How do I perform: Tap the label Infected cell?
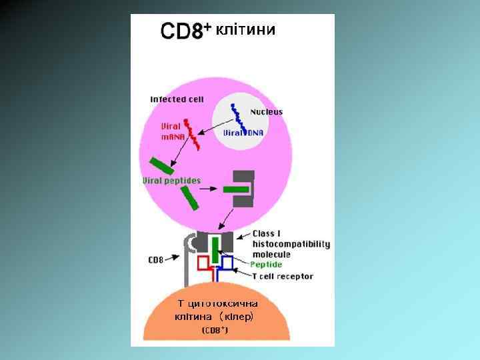pos(177,99)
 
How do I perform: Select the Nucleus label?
pos(266,112)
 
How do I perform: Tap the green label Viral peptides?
pos(171,180)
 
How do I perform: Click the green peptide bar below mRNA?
pos(162,165)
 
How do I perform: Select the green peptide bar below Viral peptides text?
pos(190,198)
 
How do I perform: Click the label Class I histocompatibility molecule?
pos(291,244)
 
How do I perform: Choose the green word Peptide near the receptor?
pos(266,265)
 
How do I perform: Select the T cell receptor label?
pos(282,276)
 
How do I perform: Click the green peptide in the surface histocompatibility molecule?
pos(215,250)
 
